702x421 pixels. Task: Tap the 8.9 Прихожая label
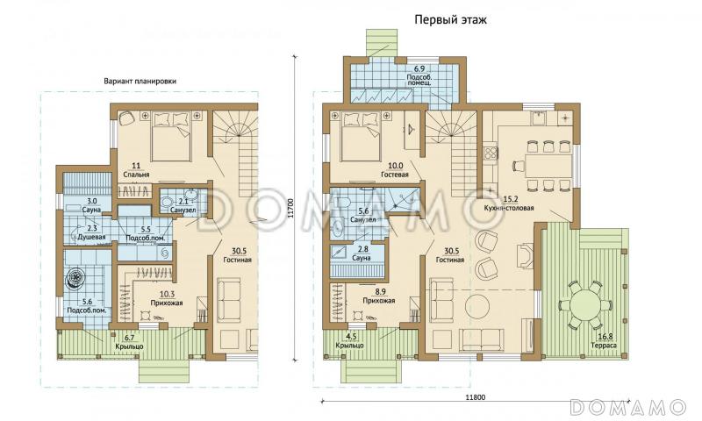(x=379, y=296)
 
